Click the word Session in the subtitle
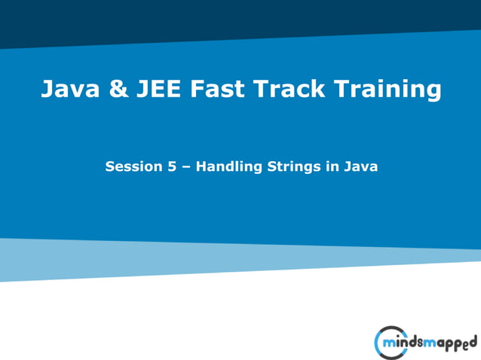point(132,166)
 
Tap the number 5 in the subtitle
point(170,166)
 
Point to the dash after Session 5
point(185,167)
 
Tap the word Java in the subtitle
point(360,166)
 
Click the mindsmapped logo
point(425,343)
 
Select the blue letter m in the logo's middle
point(433,343)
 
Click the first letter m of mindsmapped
point(390,343)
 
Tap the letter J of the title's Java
point(47,90)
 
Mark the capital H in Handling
point(202,166)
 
